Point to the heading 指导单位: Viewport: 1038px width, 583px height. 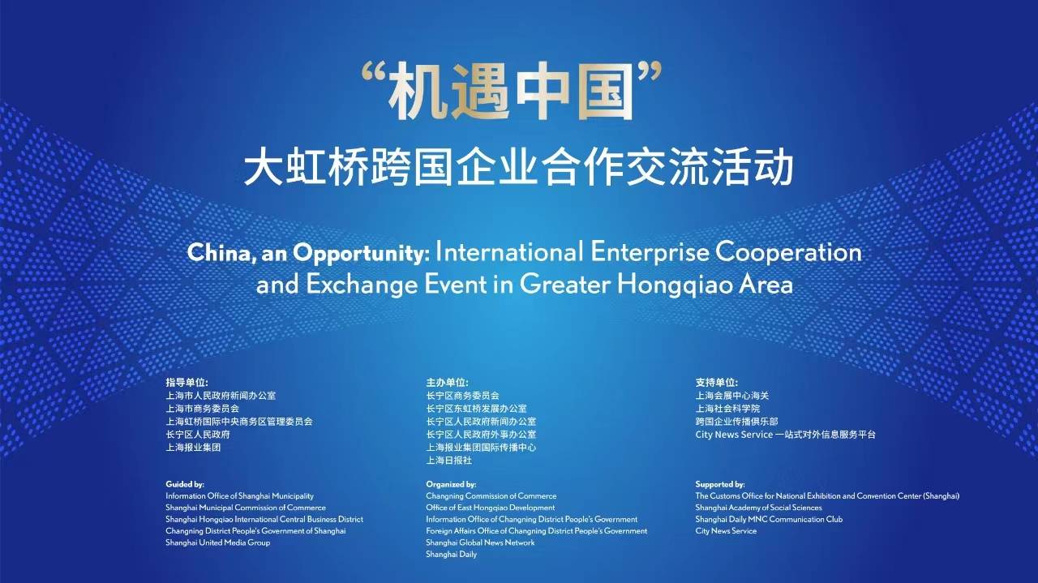[187, 382]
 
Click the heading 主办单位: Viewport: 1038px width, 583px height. [448, 382]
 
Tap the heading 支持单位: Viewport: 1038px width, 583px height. [717, 382]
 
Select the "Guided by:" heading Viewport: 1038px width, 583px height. [185, 484]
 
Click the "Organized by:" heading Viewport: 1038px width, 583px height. [451, 484]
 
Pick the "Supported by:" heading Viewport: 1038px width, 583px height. [720, 484]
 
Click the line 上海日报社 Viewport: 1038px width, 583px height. [449, 461]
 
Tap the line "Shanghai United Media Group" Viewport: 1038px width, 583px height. [218, 542]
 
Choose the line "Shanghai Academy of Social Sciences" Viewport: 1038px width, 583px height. [758, 508]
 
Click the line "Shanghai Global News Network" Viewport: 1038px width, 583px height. [480, 542]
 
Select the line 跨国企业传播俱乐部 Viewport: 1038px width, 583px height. [736, 422]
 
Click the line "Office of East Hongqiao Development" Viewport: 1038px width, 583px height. [491, 508]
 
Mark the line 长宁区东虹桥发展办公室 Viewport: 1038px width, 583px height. [476, 409]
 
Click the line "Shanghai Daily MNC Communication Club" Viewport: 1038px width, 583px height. [769, 519]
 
